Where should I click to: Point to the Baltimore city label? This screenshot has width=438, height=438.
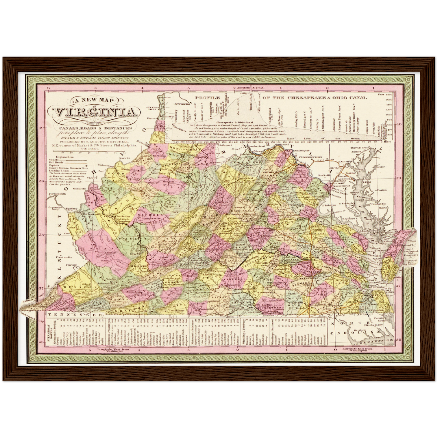coord(346,162)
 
